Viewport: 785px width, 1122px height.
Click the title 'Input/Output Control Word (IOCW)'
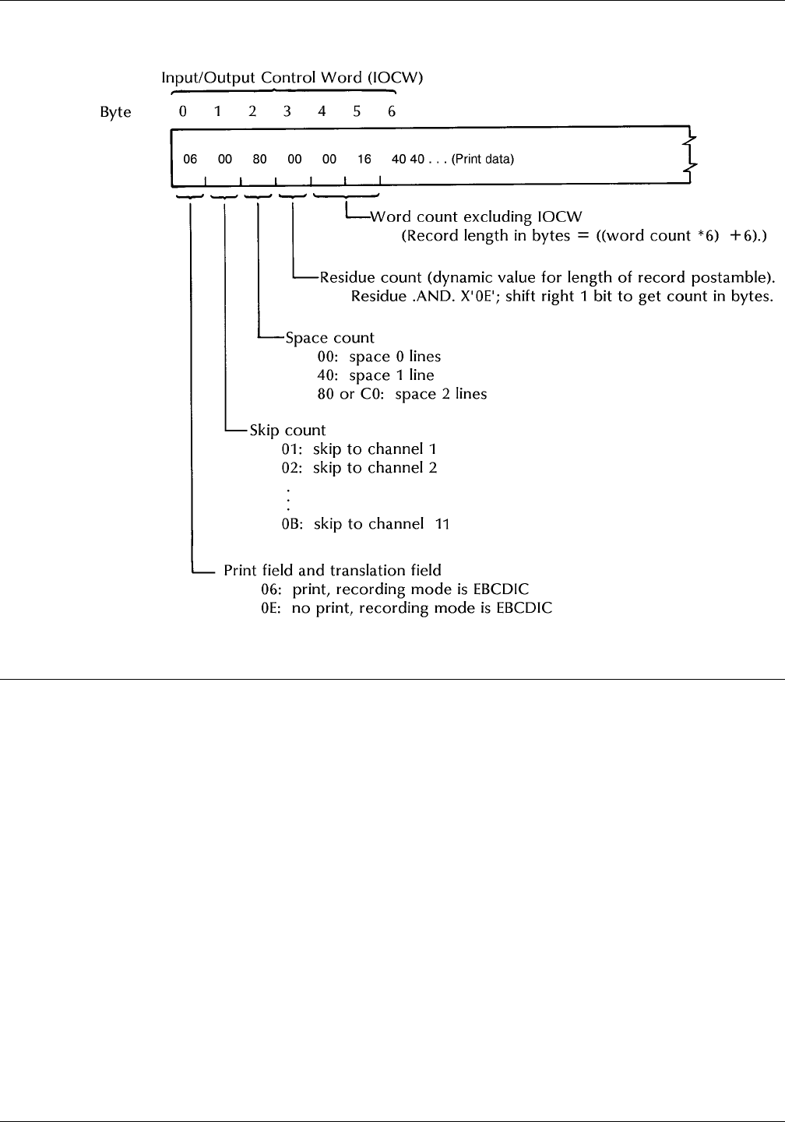point(292,78)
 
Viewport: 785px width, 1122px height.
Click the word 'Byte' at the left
point(115,112)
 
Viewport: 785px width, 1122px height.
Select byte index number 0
point(182,111)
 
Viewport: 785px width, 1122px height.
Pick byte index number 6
point(392,111)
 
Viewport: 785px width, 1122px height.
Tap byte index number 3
point(287,111)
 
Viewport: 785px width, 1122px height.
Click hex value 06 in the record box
point(190,160)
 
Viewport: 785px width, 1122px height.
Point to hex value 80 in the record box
point(259,160)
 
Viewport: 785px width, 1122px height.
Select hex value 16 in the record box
point(364,160)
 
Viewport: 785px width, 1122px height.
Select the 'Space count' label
point(329,338)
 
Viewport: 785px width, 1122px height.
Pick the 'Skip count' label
point(287,430)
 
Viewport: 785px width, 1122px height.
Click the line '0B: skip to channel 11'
point(366,524)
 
